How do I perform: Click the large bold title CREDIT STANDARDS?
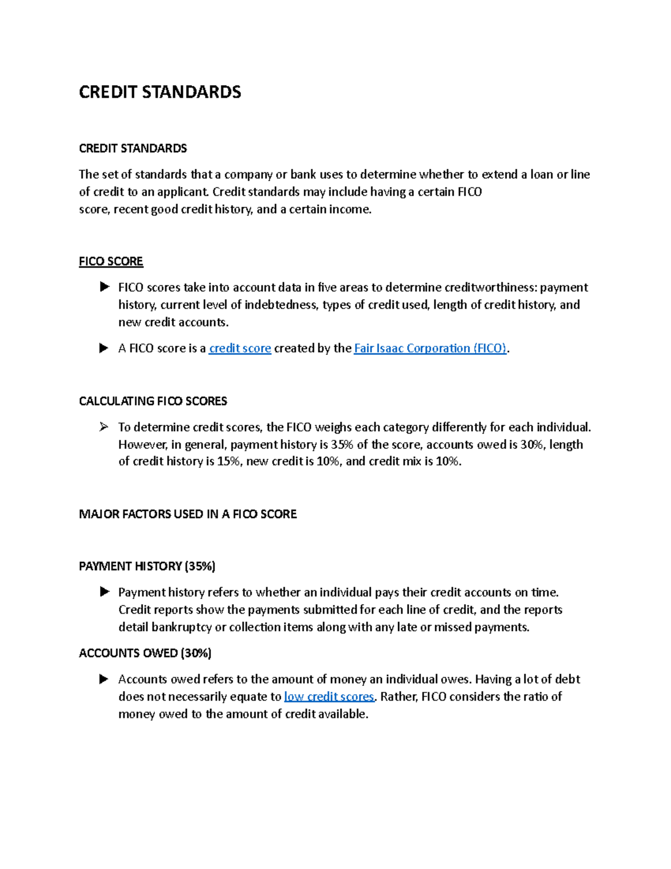[160, 92]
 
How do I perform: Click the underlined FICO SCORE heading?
[111, 261]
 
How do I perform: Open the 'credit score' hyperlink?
[240, 348]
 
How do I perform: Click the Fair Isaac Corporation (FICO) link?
[430, 348]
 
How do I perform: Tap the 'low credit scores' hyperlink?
[329, 697]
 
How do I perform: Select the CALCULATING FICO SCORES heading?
[153, 401]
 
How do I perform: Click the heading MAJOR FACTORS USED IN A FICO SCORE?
[187, 514]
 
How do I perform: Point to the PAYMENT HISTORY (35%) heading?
[147, 566]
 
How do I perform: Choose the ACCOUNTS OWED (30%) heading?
[145, 653]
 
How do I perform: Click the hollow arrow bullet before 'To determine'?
[103, 428]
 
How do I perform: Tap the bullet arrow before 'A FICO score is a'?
[103, 348]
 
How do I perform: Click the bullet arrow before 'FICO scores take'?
[103, 287]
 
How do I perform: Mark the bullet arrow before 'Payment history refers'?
[103, 592]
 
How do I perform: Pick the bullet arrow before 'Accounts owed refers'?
[103, 679]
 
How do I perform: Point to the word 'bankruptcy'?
[181, 627]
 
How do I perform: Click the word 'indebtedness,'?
[282, 305]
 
